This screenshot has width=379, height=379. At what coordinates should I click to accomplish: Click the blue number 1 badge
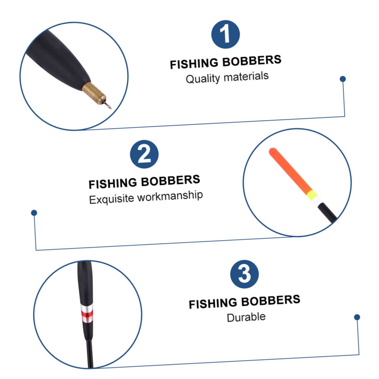pyautogui.click(x=225, y=34)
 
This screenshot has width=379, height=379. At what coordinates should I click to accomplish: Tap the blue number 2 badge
pyautogui.click(x=144, y=154)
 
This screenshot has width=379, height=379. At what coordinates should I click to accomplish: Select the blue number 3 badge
pyautogui.click(x=244, y=274)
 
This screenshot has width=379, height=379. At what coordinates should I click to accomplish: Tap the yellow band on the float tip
pyautogui.click(x=312, y=195)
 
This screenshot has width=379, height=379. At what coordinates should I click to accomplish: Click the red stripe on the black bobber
pyautogui.click(x=86, y=314)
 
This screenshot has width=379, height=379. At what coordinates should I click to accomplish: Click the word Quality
pyautogui.click(x=203, y=79)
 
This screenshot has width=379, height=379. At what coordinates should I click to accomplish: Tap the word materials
pyautogui.click(x=246, y=76)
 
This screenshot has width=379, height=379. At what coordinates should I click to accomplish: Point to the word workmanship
pyautogui.click(x=170, y=196)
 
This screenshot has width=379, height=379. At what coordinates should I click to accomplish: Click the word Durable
pyautogui.click(x=246, y=317)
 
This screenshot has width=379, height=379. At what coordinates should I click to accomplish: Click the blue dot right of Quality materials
pyautogui.click(x=343, y=79)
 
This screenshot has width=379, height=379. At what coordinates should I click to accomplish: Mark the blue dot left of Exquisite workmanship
pyautogui.click(x=34, y=213)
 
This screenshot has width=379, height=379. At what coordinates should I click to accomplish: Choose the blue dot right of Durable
pyautogui.click(x=357, y=317)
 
